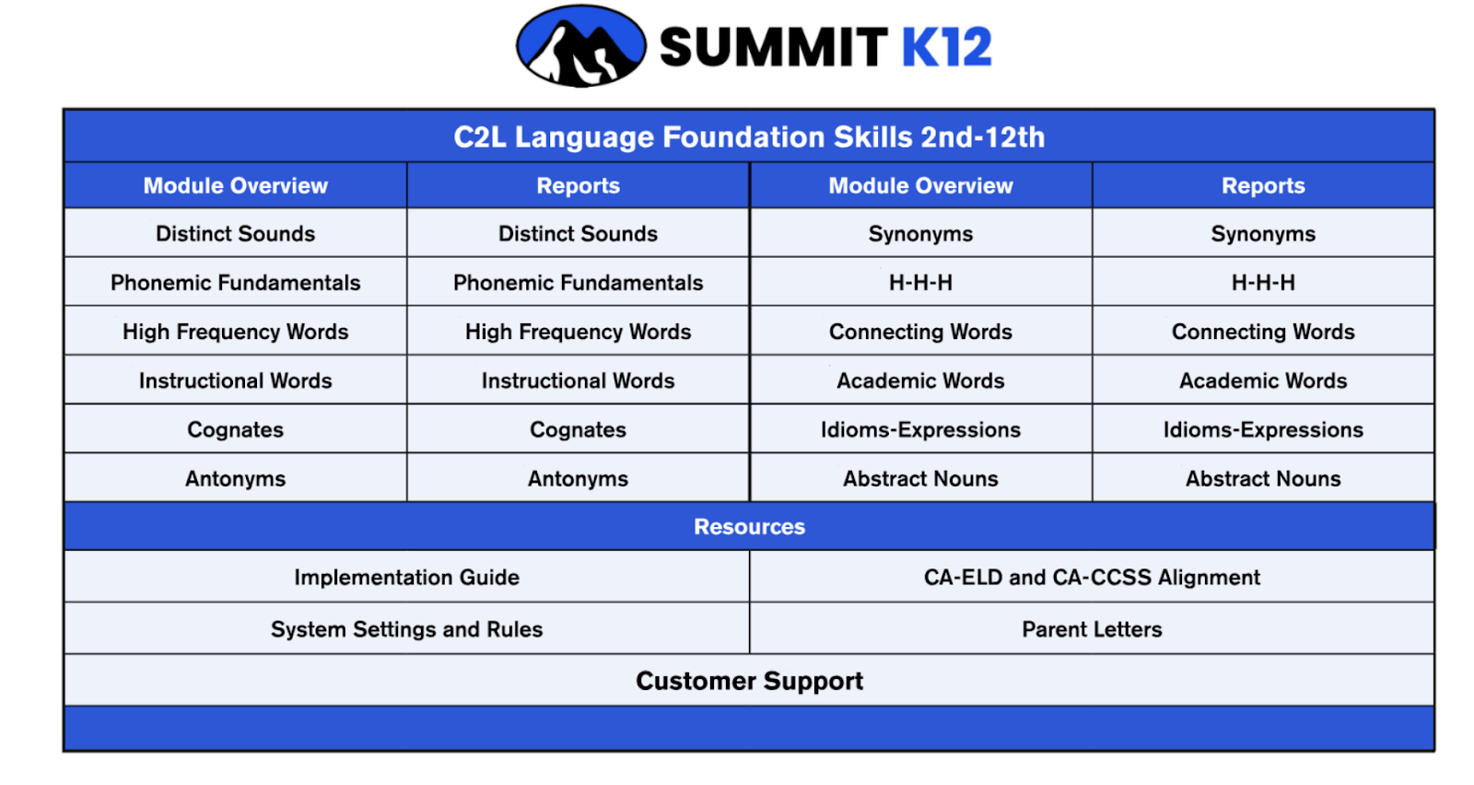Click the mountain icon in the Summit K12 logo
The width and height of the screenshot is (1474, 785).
coord(581,46)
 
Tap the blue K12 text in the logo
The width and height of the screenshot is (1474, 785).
coord(946,47)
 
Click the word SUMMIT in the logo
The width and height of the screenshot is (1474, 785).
coord(774,47)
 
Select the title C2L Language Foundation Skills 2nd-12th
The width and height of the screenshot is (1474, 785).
coord(749,137)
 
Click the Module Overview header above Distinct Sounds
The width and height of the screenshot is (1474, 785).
coord(236,185)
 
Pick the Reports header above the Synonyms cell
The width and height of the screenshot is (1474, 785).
coord(1263,185)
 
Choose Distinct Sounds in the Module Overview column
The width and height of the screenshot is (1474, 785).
coord(236,234)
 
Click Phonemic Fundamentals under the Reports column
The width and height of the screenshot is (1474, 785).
coord(578,282)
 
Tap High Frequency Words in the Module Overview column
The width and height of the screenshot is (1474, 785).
coord(236,332)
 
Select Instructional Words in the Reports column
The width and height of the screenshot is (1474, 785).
coord(578,381)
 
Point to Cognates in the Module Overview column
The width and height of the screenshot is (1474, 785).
coord(236,429)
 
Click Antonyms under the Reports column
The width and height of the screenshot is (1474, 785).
coord(578,478)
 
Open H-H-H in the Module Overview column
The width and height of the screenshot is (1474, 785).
coord(920,282)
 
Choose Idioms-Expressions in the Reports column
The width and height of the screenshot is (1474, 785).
coord(1263,429)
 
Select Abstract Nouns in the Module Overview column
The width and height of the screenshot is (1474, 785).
coord(920,478)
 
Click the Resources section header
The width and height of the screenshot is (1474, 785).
coord(749,526)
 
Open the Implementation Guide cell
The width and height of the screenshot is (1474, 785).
coord(406,577)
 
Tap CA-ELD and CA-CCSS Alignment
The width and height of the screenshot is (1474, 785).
coord(1092,577)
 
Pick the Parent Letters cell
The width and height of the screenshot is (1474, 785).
coord(1092,629)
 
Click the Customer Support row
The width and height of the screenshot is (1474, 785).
coord(749,681)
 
